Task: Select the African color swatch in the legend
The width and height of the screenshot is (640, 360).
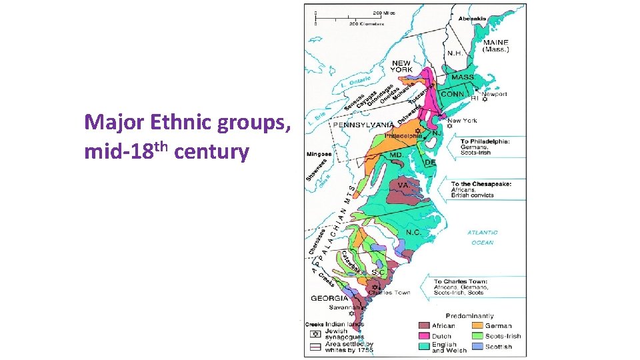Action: point(424,325)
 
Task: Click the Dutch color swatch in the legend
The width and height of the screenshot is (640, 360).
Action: point(424,336)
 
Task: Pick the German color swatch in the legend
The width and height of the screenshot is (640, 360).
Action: point(477,325)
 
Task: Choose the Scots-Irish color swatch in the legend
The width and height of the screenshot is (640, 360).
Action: point(477,336)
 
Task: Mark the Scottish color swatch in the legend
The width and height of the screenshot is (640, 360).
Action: point(477,347)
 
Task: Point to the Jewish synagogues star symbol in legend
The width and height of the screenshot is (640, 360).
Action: point(315,334)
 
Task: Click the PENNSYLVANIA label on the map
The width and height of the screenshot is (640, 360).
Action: point(363,125)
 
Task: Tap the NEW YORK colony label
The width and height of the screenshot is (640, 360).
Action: point(401,66)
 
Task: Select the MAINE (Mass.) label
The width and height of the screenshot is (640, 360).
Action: point(496,46)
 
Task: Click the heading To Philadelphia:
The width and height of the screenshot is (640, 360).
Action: point(485,141)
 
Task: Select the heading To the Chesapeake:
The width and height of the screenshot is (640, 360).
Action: point(481,183)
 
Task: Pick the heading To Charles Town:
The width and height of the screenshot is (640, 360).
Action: point(461,281)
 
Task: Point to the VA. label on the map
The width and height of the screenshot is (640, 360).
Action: point(403,185)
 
